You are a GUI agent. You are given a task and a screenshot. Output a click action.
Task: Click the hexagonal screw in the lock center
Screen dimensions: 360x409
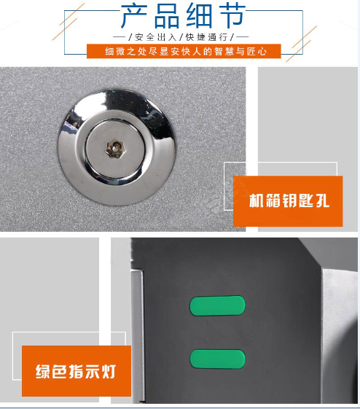114,149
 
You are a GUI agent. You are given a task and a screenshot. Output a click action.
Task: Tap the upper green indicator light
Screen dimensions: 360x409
217,305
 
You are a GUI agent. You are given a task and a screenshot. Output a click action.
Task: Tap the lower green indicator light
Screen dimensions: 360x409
217,359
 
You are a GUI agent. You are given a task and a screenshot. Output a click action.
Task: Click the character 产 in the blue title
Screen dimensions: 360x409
134,15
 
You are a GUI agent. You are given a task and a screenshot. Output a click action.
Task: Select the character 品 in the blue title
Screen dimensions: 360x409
167,15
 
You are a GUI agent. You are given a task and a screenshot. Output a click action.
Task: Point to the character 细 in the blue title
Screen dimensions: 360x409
200,15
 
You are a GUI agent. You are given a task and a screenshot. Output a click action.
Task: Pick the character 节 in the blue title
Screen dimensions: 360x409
232,15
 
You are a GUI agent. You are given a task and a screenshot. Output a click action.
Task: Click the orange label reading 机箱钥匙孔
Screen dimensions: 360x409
288,201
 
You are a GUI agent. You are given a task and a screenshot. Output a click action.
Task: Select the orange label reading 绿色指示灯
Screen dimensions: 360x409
77,371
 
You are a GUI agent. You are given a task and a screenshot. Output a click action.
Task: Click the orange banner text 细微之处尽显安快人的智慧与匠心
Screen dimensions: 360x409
186,51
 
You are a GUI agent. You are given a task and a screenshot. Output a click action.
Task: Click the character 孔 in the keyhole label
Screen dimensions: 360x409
322,200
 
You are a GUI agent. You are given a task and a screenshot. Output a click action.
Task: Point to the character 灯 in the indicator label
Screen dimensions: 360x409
109,371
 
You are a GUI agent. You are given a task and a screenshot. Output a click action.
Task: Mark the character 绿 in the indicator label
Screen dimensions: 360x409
43,371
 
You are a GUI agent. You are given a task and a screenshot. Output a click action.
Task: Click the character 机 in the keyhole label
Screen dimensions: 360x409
257,200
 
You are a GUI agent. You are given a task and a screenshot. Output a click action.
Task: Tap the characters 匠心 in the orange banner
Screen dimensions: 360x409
257,51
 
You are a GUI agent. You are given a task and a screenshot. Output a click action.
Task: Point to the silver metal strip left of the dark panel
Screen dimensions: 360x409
138,336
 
